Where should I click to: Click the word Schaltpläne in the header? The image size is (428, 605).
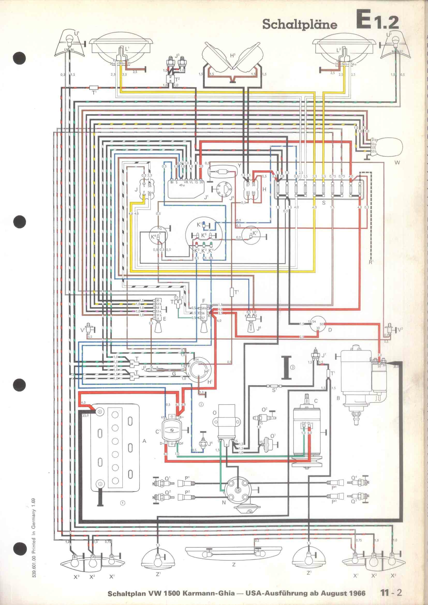(300, 25)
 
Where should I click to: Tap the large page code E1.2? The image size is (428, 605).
(377, 19)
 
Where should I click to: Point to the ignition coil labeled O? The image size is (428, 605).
(226, 424)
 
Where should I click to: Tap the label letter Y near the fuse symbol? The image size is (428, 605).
(239, 165)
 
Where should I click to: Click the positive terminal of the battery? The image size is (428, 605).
(100, 411)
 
